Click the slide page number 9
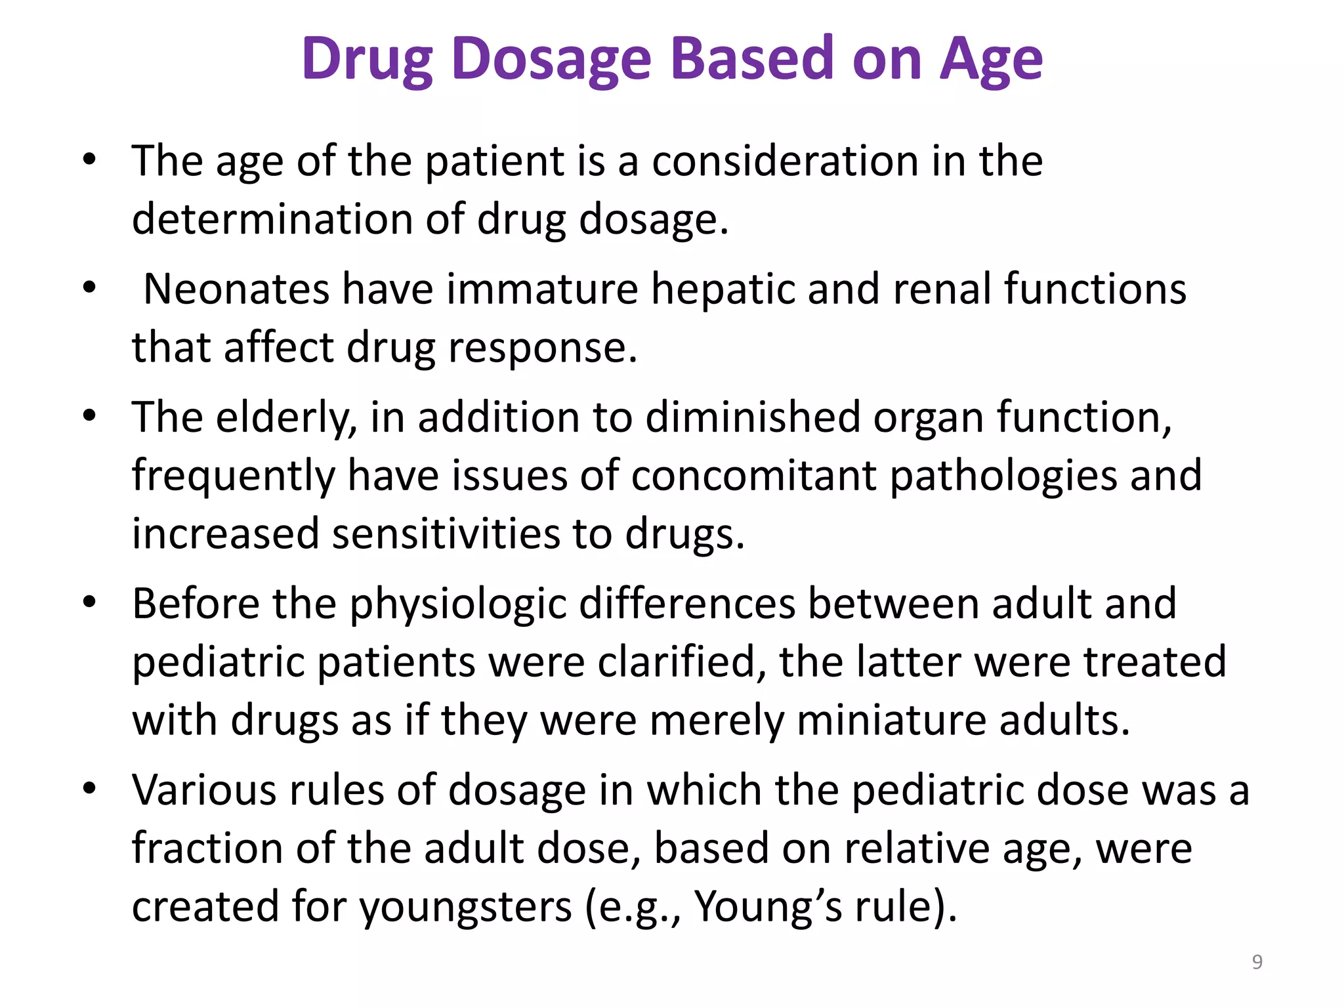1257,961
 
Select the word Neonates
236,289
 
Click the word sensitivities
446,534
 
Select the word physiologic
458,604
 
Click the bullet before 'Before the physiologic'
90,602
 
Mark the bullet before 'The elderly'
90,415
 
